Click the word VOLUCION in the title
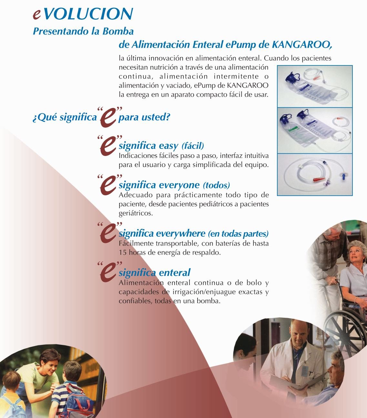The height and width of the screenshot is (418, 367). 88,14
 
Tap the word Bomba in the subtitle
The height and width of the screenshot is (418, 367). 118,31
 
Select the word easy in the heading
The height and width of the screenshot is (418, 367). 168,146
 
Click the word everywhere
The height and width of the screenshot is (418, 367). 181,234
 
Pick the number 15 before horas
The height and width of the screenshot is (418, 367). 123,252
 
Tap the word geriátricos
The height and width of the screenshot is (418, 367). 136,213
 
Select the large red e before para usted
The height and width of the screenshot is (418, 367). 108,119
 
